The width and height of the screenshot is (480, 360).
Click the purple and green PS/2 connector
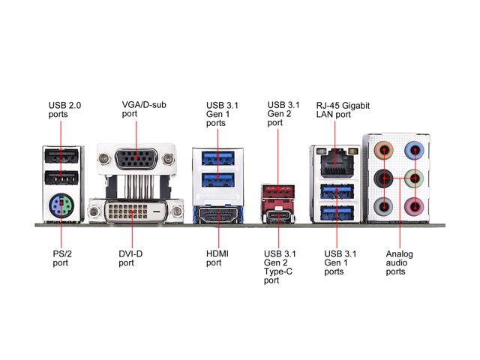61,205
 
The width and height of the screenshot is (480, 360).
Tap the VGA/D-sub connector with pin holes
136,158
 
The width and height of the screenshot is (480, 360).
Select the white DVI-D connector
136,211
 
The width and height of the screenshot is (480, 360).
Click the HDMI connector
218,215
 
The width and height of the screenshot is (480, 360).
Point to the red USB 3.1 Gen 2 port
278,191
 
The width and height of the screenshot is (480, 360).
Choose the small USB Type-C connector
278,216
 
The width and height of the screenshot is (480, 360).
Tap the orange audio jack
383,150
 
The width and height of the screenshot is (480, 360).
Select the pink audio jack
414,207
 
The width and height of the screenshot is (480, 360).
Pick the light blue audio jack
414,150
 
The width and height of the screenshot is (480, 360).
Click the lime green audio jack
414,178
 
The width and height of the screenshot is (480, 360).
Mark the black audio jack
383,178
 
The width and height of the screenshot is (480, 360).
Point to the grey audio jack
383,207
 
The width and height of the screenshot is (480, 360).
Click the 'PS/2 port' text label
62,258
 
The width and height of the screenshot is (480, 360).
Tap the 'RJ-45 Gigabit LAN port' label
343,110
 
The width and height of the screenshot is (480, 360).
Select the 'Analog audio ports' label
399,263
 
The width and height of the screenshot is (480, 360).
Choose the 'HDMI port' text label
217,258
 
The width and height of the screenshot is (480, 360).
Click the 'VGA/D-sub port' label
144,109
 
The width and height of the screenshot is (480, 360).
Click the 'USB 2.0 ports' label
64,110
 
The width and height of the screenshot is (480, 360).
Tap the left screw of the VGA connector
103,158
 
